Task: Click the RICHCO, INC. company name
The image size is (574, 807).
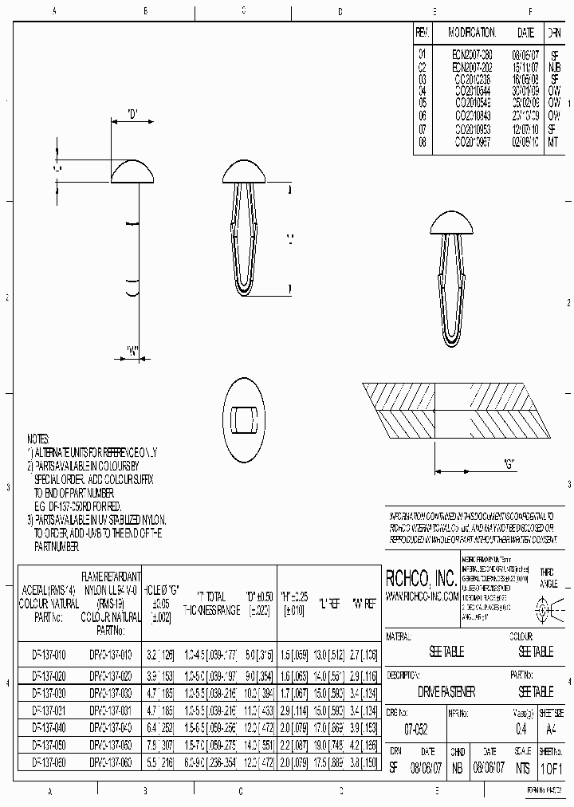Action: pyautogui.click(x=421, y=578)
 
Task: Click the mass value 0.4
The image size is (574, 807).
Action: pyautogui.click(x=521, y=729)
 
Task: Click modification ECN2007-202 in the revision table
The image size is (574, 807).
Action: pyautogui.click(x=472, y=68)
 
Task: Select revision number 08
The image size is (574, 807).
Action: pyautogui.click(x=423, y=141)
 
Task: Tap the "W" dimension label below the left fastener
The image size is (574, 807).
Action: pyautogui.click(x=134, y=350)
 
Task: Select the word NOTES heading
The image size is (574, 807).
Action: pyautogui.click(x=38, y=439)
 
